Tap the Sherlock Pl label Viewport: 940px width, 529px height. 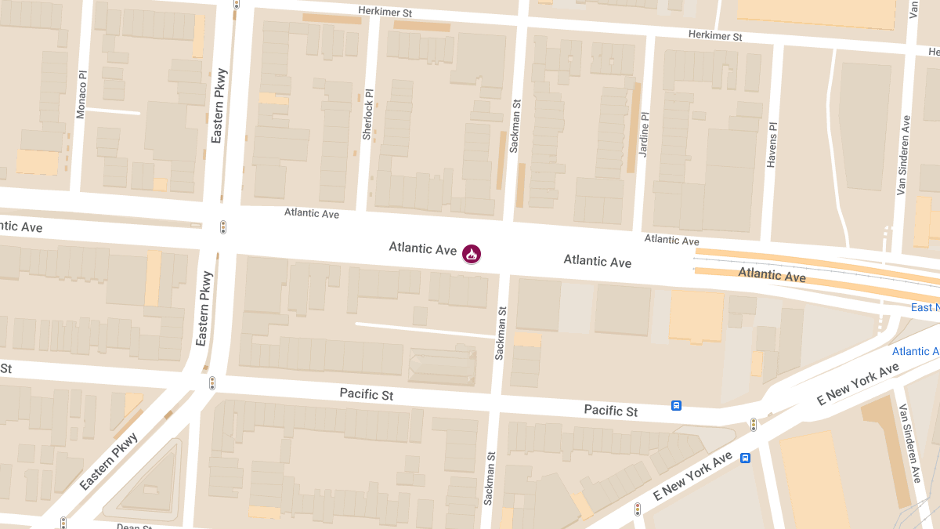(367, 114)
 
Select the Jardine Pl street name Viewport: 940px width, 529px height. (644, 134)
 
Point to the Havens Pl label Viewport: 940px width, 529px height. (772, 145)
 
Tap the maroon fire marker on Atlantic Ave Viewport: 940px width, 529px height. (472, 253)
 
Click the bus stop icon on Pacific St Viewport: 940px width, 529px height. (676, 405)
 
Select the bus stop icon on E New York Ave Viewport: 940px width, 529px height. (746, 458)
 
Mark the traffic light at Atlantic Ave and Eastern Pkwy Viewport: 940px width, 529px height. (223, 227)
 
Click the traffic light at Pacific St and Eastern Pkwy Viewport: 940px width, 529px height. (211, 383)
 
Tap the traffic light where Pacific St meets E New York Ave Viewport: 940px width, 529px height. (754, 424)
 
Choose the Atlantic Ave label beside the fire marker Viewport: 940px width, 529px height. (422, 248)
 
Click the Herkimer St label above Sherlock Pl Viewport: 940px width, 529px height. (385, 11)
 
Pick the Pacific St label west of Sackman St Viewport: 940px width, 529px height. (366, 394)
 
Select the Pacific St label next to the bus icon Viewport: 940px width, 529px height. (610, 410)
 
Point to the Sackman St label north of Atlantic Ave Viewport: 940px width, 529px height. (515, 125)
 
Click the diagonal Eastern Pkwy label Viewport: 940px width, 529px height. (109, 462)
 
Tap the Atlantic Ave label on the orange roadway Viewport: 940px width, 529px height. (772, 274)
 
